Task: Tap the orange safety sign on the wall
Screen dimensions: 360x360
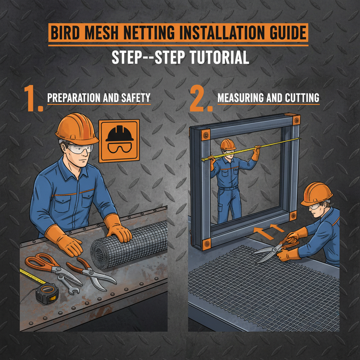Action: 119,141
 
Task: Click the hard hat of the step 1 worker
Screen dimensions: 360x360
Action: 77,128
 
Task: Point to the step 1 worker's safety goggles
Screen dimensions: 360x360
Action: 81,149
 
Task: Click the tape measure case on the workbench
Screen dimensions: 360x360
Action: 46,293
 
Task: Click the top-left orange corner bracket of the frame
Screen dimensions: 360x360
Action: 204,134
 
